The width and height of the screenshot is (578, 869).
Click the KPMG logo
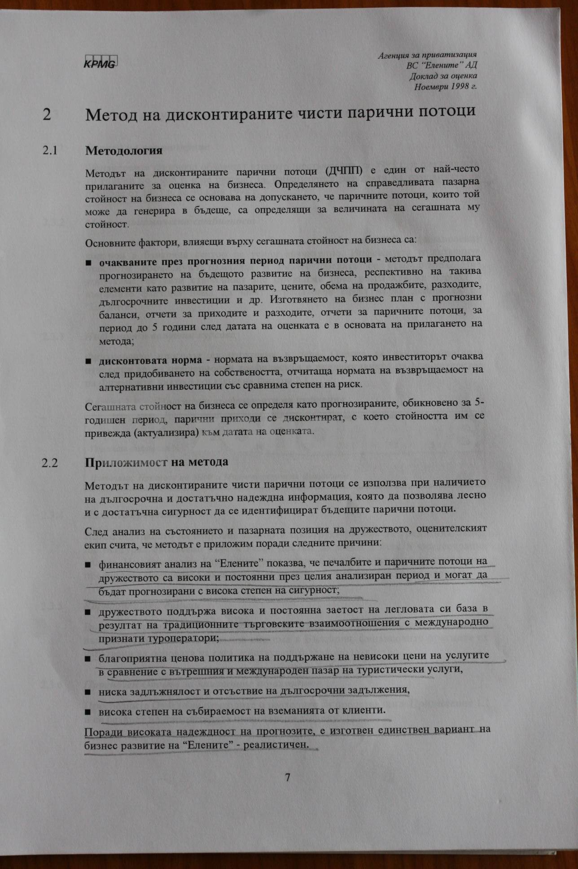tap(100, 63)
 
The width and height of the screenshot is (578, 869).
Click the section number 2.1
tap(50, 150)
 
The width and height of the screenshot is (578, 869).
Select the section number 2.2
tap(49, 462)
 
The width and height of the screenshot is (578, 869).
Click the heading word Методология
tap(123, 150)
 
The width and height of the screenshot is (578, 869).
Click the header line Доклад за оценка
tap(443, 76)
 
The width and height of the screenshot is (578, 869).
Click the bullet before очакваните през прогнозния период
tap(88, 262)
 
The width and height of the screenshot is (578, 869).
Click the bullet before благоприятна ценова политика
tap(88, 658)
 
